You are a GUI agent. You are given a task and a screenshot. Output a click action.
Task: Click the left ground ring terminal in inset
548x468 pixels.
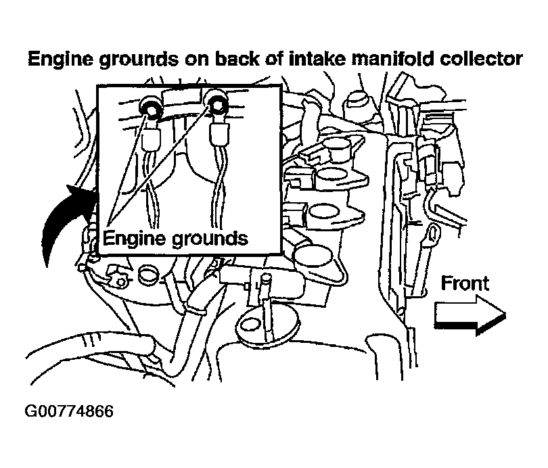(x=150, y=109)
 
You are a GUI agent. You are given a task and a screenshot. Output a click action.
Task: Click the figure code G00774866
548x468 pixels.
(x=69, y=411)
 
